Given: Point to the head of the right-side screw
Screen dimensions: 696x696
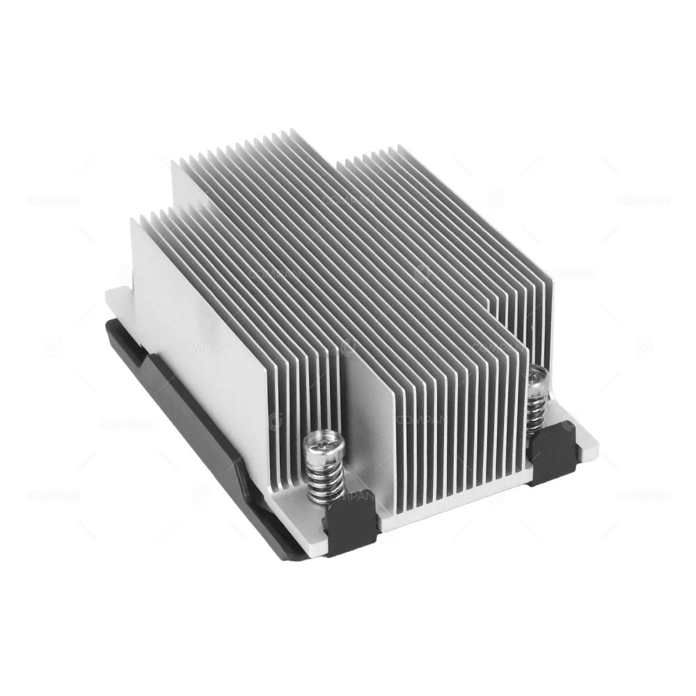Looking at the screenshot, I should click(537, 377).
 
